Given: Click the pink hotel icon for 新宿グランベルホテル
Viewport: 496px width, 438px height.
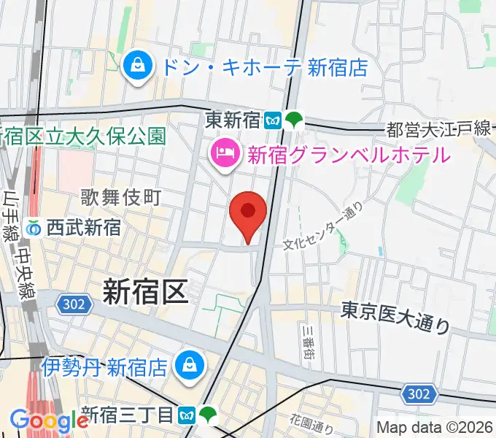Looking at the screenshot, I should tap(221, 154).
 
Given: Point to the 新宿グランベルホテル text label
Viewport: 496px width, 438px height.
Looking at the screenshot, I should tap(348, 155).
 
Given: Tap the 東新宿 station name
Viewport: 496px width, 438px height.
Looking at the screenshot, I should tap(233, 118).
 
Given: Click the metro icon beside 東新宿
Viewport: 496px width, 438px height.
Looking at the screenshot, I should tap(274, 118).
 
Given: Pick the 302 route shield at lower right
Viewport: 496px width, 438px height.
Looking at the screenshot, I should tap(418, 395).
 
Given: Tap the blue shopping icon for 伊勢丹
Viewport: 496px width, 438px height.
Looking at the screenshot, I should tap(190, 364).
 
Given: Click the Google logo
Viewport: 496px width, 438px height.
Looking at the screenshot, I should tap(50, 420).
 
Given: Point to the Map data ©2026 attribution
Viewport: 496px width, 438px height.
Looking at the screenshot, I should tap(435, 426).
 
